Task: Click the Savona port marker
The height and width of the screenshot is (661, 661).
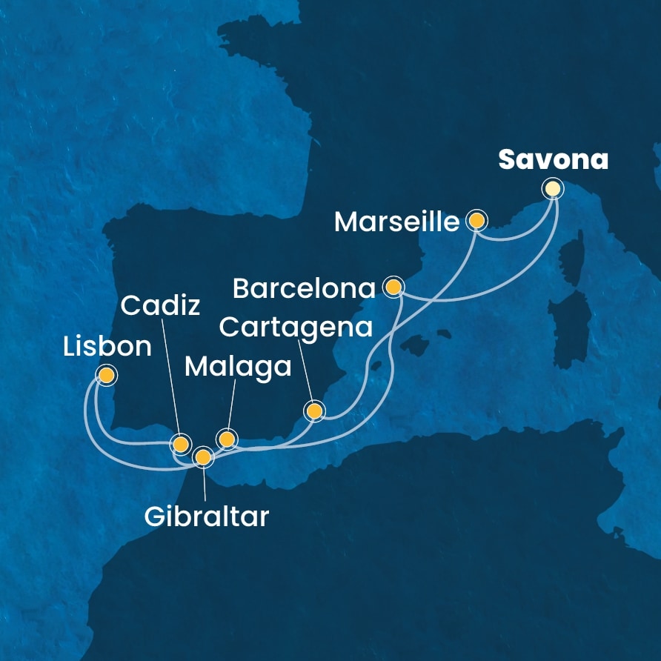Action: click(x=552, y=189)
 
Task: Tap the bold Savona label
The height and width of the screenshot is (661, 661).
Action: click(x=554, y=159)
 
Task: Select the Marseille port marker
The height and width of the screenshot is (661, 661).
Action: click(x=476, y=221)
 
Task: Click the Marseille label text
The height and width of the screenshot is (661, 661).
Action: click(x=397, y=222)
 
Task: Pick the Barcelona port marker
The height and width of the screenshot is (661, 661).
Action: click(x=394, y=286)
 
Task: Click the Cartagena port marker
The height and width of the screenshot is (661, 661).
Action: click(x=314, y=411)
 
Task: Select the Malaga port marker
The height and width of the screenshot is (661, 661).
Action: click(x=227, y=439)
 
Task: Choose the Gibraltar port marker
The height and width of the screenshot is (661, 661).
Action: click(x=202, y=457)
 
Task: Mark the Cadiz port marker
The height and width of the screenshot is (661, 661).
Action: click(x=180, y=445)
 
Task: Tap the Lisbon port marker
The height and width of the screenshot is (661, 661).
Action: click(x=107, y=376)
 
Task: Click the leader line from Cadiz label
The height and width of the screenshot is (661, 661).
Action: click(x=170, y=378)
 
